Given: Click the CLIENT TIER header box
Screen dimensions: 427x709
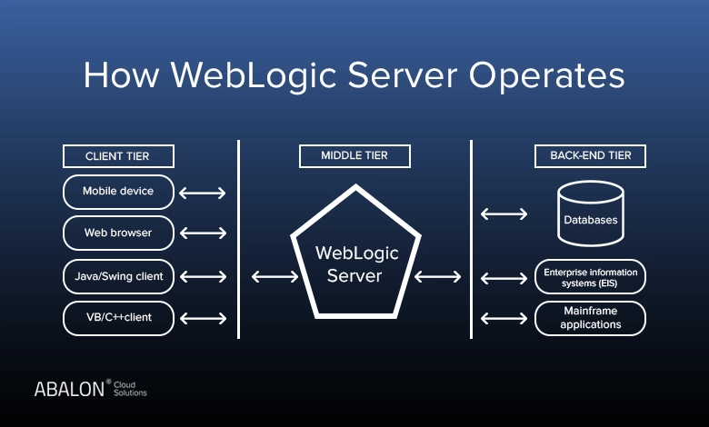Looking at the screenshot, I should coord(118,156).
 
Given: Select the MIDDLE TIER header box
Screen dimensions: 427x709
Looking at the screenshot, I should coord(354,156).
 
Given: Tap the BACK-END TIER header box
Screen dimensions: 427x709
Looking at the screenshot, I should coord(590,156).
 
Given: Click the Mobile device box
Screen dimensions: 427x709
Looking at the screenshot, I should coord(118,192).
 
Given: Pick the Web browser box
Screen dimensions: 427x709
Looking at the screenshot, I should coord(118,233).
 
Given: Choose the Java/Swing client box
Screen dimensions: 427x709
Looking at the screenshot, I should coord(118,276).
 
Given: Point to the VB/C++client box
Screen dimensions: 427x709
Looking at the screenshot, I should coord(118,318).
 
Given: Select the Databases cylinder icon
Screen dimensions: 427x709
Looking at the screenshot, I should coord(590,213).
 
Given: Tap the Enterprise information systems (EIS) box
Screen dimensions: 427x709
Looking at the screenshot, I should coord(590,276).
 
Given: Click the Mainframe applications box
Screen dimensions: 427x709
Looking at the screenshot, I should coord(590,318).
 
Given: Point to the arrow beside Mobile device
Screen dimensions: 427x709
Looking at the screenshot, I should coord(203,193).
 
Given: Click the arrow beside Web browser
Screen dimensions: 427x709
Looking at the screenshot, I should coord(203,233).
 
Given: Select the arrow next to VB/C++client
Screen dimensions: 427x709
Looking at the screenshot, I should coord(203,318).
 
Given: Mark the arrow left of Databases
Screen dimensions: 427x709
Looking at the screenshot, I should coord(504,214).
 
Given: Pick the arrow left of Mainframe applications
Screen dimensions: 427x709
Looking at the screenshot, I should coord(504,318).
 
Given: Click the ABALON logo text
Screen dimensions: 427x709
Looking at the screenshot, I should coord(69,389).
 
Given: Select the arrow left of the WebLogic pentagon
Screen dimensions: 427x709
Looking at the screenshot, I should coord(272,276).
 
